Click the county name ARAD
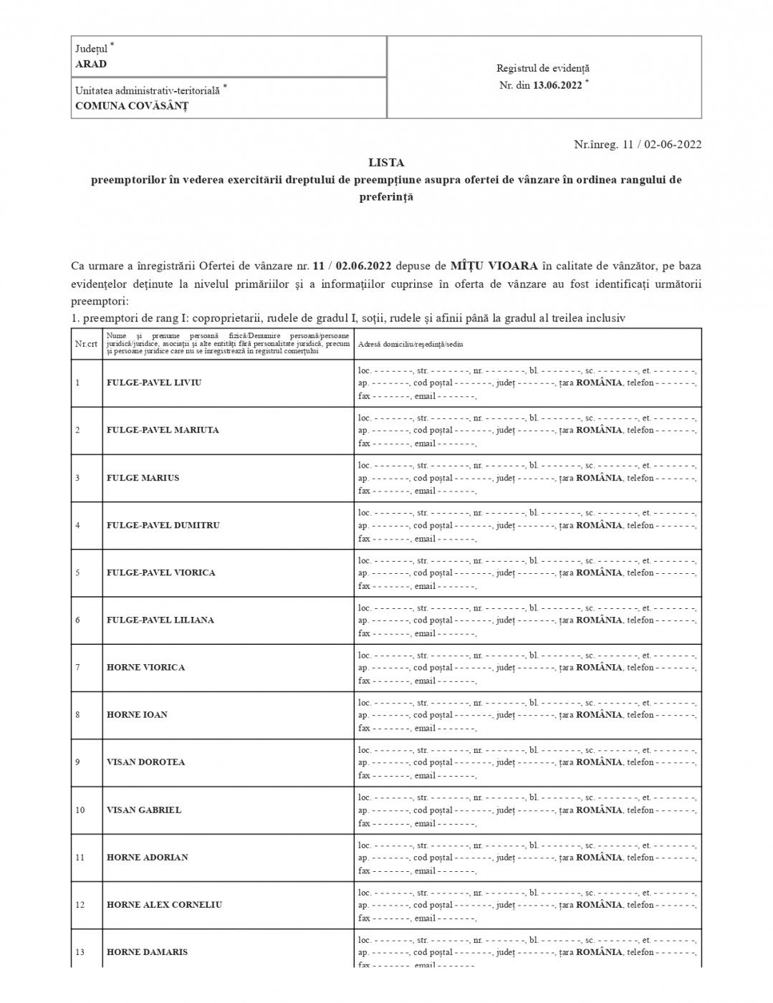click(x=91, y=64)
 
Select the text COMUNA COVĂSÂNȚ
click(x=132, y=106)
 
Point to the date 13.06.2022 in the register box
click(x=557, y=85)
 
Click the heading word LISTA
click(x=386, y=163)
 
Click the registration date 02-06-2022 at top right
click(x=673, y=144)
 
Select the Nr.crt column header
click(x=86, y=344)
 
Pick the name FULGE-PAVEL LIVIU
click(x=154, y=383)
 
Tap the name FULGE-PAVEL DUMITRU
click(x=163, y=525)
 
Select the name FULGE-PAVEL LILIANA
click(x=160, y=620)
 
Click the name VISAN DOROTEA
click(x=146, y=762)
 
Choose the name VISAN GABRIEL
click(x=144, y=810)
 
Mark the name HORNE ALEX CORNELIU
click(x=165, y=904)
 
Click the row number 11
click(x=80, y=858)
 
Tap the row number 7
click(x=77, y=667)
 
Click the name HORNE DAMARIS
click(x=148, y=952)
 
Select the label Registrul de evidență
click(x=543, y=69)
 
